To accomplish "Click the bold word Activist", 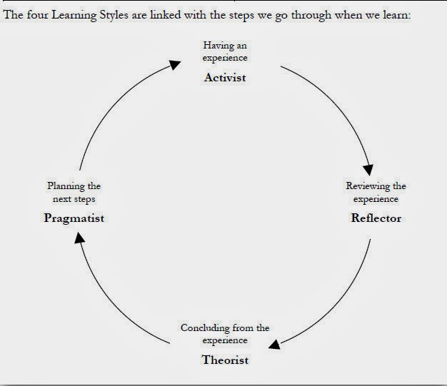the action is (x=225, y=77).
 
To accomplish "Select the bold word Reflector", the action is (x=376, y=218).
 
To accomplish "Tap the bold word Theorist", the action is (x=225, y=360).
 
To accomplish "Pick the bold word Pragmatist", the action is (x=74, y=218).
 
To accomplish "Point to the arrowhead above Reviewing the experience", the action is (x=368, y=170).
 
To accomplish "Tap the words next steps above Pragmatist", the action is (x=74, y=199).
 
